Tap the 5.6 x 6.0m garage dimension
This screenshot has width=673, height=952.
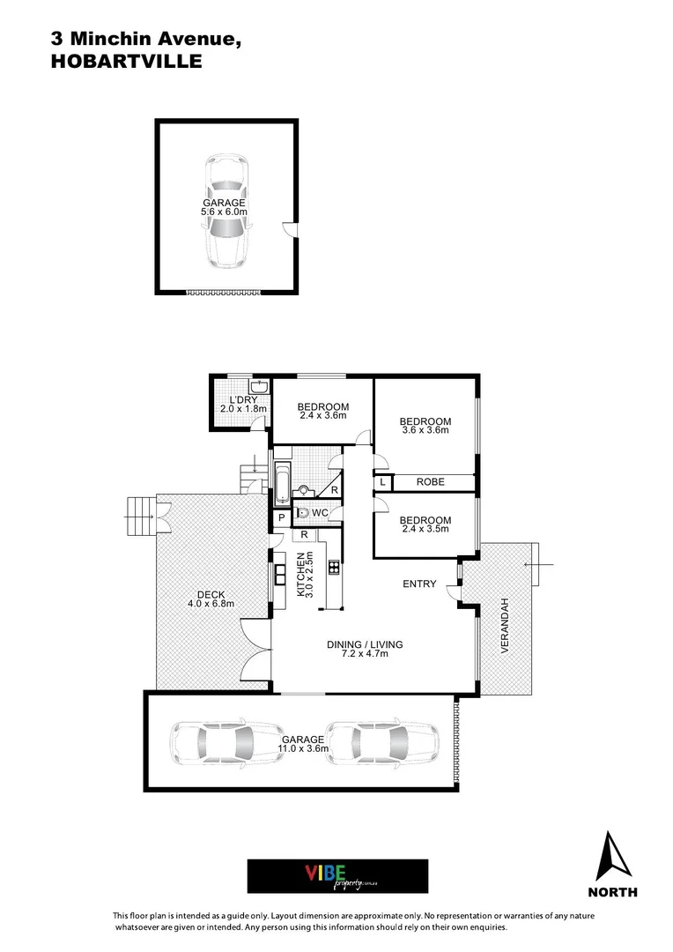coord(224,212)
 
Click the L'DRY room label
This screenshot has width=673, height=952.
coord(235,398)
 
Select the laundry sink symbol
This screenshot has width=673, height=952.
coord(259,387)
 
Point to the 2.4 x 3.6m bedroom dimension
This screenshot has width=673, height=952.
coord(322,415)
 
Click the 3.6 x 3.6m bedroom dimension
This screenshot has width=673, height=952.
coord(425,430)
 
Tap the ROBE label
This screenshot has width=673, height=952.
coord(432,482)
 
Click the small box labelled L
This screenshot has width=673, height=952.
coord(384,482)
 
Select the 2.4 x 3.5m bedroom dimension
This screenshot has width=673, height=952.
coord(425,529)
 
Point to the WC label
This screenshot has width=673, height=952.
coord(320,512)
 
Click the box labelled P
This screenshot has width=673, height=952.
coord(281,518)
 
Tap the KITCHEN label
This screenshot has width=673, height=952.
coord(301,576)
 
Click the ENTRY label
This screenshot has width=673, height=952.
coord(419,584)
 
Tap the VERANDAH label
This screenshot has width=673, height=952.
coord(506,625)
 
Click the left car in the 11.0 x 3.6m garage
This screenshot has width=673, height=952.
coord(212,743)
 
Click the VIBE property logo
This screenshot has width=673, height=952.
coord(337,876)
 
